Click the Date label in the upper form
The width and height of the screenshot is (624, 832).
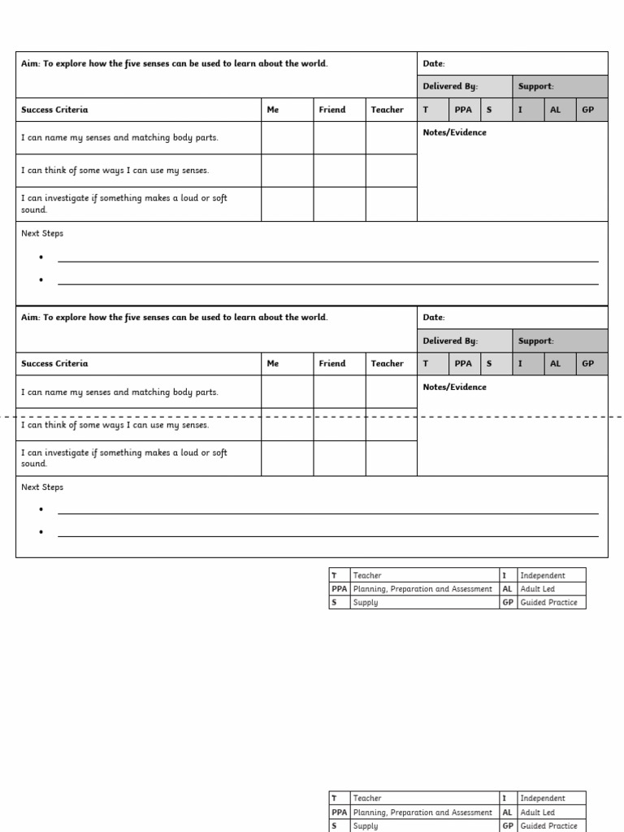click(x=434, y=63)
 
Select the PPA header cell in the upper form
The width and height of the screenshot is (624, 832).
click(x=463, y=110)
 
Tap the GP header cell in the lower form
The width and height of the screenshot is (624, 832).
click(x=588, y=364)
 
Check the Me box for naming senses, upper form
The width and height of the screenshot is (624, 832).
click(x=287, y=138)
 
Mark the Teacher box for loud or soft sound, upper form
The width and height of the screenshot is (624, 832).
click(x=391, y=204)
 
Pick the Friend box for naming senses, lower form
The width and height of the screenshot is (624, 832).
click(x=339, y=392)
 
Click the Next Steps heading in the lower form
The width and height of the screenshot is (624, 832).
click(x=42, y=487)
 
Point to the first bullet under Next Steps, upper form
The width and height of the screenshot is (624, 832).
click(x=41, y=258)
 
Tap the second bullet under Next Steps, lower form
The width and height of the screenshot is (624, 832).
click(x=41, y=532)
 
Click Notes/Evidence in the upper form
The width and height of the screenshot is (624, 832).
click(x=454, y=132)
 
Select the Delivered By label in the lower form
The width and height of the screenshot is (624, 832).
click(x=450, y=341)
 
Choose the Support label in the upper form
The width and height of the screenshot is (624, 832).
click(x=535, y=86)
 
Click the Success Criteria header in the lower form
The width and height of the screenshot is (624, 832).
click(x=54, y=364)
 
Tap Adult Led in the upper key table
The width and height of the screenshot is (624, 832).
click(x=537, y=589)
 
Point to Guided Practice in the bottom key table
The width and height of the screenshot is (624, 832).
click(x=548, y=825)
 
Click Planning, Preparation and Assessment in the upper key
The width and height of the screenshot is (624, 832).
click(x=422, y=589)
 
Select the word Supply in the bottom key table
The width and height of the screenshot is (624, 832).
click(x=366, y=825)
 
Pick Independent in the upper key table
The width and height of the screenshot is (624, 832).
click(x=542, y=575)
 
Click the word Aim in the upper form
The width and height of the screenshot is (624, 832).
click(x=29, y=63)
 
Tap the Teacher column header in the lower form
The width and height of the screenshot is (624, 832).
click(x=387, y=364)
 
